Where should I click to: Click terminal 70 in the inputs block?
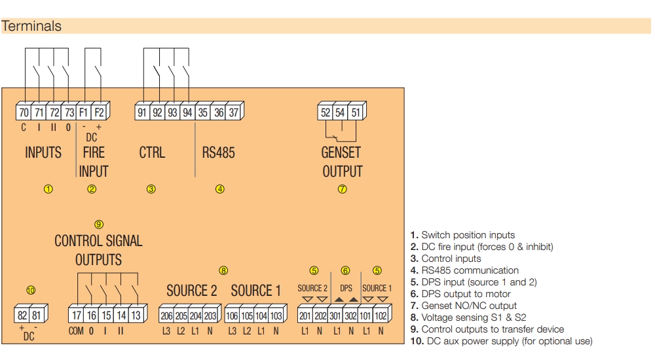click(x=24, y=112)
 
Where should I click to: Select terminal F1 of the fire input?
click(x=83, y=112)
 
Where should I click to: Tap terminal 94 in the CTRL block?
click(x=187, y=112)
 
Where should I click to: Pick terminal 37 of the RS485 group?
click(x=234, y=112)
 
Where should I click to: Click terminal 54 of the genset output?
click(x=340, y=112)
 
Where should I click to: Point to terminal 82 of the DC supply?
click(x=22, y=315)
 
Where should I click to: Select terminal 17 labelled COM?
click(x=76, y=315)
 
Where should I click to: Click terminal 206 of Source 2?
click(x=166, y=315)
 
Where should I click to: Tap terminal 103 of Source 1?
click(x=276, y=315)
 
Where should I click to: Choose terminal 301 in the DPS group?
click(x=335, y=315)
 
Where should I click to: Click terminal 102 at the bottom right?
click(x=381, y=315)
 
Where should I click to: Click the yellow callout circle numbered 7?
click(x=342, y=189)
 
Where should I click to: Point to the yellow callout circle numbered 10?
click(x=30, y=290)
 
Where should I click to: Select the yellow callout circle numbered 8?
click(x=223, y=270)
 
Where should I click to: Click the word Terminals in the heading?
click(x=31, y=27)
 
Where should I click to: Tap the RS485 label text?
click(x=218, y=153)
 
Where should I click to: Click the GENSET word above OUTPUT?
click(x=342, y=153)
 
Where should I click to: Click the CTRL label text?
click(x=152, y=153)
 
